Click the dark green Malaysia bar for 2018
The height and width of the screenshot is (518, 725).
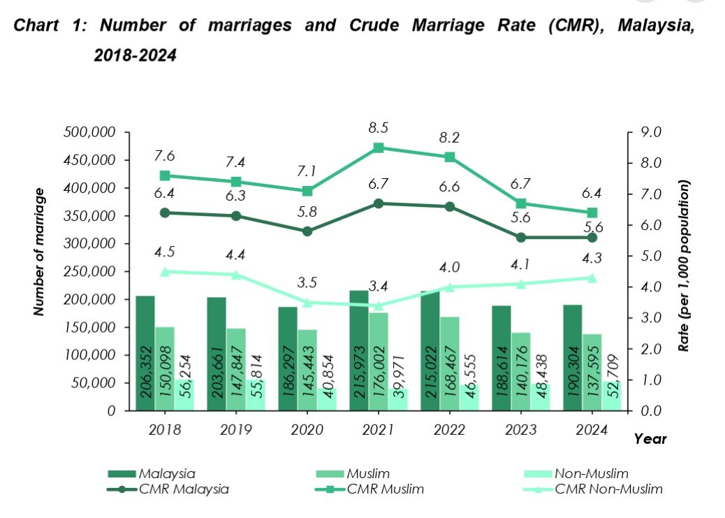tap(145, 353)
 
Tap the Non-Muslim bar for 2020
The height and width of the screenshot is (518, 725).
tap(326, 399)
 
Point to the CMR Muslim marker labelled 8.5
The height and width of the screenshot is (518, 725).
tap(379, 148)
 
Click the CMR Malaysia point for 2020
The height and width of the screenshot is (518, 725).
tap(307, 231)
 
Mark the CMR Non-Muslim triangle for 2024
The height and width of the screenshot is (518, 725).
tap(592, 278)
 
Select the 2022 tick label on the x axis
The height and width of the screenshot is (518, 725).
tap(449, 430)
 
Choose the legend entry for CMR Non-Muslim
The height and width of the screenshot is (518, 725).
tap(607, 489)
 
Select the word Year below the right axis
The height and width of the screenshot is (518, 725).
tap(650, 439)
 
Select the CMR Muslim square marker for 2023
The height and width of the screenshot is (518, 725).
tap(521, 203)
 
